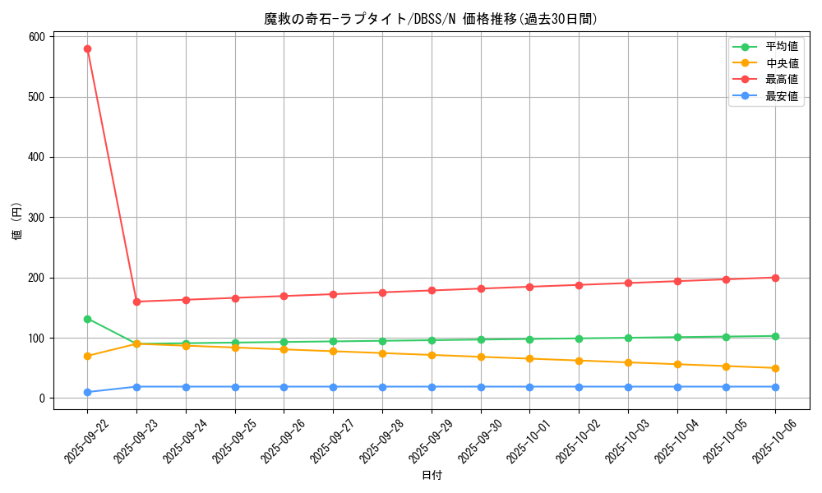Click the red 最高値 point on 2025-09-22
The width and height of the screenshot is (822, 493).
pos(87,48)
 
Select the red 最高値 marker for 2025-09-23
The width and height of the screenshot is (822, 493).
pos(136,302)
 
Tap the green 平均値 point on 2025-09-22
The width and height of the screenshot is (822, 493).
pos(87,319)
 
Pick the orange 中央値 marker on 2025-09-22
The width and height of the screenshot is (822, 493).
pos(87,356)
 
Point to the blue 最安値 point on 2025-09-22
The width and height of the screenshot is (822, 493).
pos(87,392)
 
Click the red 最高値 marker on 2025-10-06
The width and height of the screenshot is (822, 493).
pos(775,278)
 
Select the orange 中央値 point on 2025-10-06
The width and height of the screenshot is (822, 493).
pos(775,368)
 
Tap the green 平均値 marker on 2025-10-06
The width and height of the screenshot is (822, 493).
pos(775,336)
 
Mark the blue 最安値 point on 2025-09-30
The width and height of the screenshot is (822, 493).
pos(481,387)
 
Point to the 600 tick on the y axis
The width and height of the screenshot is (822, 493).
pos(37,37)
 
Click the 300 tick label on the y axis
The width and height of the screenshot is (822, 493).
pos(37,218)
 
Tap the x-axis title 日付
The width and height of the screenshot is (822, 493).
pos(432,476)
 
